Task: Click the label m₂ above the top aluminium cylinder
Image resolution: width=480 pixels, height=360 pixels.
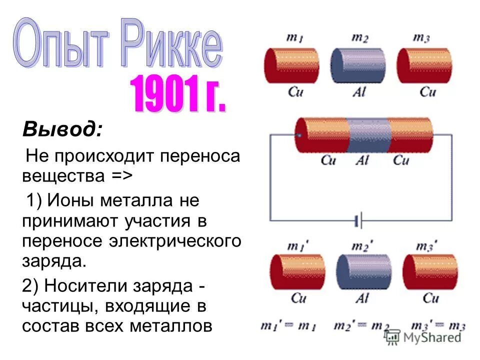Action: [358, 38]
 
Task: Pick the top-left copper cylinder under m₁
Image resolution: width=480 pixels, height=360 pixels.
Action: [291, 65]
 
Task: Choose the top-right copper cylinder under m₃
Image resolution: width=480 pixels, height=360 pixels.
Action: [424, 65]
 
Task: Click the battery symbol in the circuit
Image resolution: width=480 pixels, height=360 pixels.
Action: [358, 220]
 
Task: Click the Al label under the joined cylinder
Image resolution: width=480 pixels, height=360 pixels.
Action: [361, 160]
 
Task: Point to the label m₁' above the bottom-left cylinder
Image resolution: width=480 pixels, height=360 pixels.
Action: [296, 245]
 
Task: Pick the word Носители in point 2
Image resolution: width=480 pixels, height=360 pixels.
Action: [87, 286]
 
